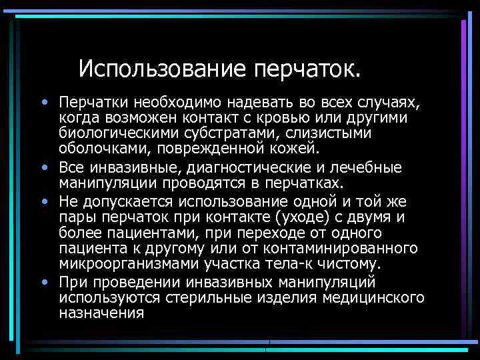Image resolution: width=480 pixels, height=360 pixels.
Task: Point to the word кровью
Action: [311, 118]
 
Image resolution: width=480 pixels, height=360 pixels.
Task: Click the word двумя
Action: [374, 217]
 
